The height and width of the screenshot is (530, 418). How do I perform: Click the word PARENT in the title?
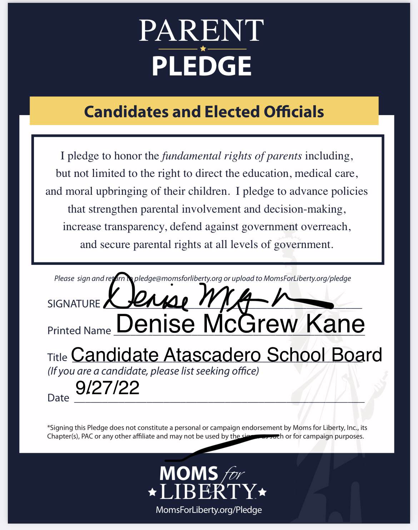pyautogui.click(x=201, y=31)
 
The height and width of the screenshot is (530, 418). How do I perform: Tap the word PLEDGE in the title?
pyautogui.click(x=202, y=66)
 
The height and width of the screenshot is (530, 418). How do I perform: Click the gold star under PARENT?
pyautogui.click(x=203, y=49)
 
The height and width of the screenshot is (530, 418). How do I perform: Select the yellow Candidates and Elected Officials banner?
pyautogui.click(x=204, y=112)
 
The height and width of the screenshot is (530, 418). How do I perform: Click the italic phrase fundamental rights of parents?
pyautogui.click(x=232, y=156)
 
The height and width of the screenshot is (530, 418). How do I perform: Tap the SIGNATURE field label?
pyautogui.click(x=74, y=304)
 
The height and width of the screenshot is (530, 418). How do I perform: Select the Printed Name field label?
pyautogui.click(x=79, y=331)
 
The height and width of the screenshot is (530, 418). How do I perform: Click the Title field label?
pyautogui.click(x=57, y=357)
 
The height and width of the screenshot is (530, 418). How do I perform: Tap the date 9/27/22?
pyautogui.click(x=107, y=388)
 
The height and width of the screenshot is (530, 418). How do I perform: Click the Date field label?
pyautogui.click(x=58, y=398)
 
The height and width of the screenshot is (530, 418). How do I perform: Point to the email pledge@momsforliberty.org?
pyautogui.click(x=178, y=278)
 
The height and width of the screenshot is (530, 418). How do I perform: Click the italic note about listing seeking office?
pyautogui.click(x=153, y=371)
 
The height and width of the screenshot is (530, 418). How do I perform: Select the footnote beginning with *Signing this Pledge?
pyautogui.click(x=207, y=432)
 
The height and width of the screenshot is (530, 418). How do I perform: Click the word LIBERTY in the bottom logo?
pyautogui.click(x=208, y=492)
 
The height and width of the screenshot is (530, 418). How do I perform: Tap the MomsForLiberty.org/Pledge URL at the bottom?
pyautogui.click(x=209, y=510)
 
